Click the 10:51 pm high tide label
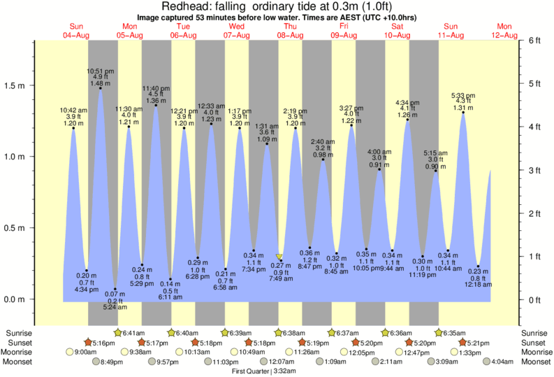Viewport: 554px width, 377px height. coord(101,71)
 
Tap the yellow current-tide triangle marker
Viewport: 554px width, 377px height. coord(279,257)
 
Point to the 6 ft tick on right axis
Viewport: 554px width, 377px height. coord(533,41)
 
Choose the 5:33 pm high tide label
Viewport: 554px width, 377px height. coord(463,96)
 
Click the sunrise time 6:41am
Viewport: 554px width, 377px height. coord(134,333)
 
